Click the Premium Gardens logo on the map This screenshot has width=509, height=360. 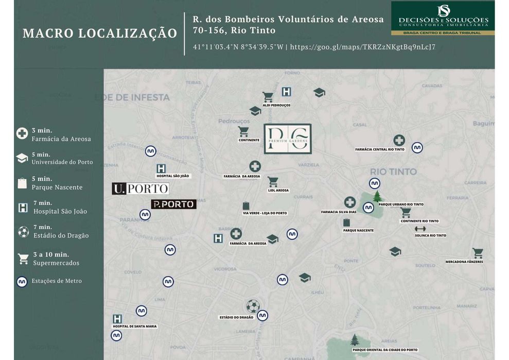click(287, 139)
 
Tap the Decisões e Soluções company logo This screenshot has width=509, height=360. click(443, 18)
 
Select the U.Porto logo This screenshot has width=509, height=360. click(140, 189)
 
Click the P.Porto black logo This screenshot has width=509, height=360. click(173, 204)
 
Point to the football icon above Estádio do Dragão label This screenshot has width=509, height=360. click(252, 306)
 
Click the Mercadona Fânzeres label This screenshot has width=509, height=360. click(464, 262)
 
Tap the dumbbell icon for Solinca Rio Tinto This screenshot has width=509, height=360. click(420, 229)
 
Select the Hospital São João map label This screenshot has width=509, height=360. click(173, 176)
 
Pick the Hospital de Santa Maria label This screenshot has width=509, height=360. click(134, 327)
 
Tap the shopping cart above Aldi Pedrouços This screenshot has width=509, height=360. click(268, 97)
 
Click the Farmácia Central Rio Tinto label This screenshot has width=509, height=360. click(380, 149)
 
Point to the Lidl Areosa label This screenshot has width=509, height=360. click(278, 190)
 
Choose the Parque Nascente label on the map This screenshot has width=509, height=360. click(358, 230)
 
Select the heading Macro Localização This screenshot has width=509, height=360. click(100, 33)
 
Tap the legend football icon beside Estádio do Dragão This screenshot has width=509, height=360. click(23, 232)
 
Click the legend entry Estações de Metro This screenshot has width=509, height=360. click(56, 281)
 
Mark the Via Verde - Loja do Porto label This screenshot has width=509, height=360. click(265, 213)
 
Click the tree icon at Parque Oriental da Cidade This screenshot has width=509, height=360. click(354, 339)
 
